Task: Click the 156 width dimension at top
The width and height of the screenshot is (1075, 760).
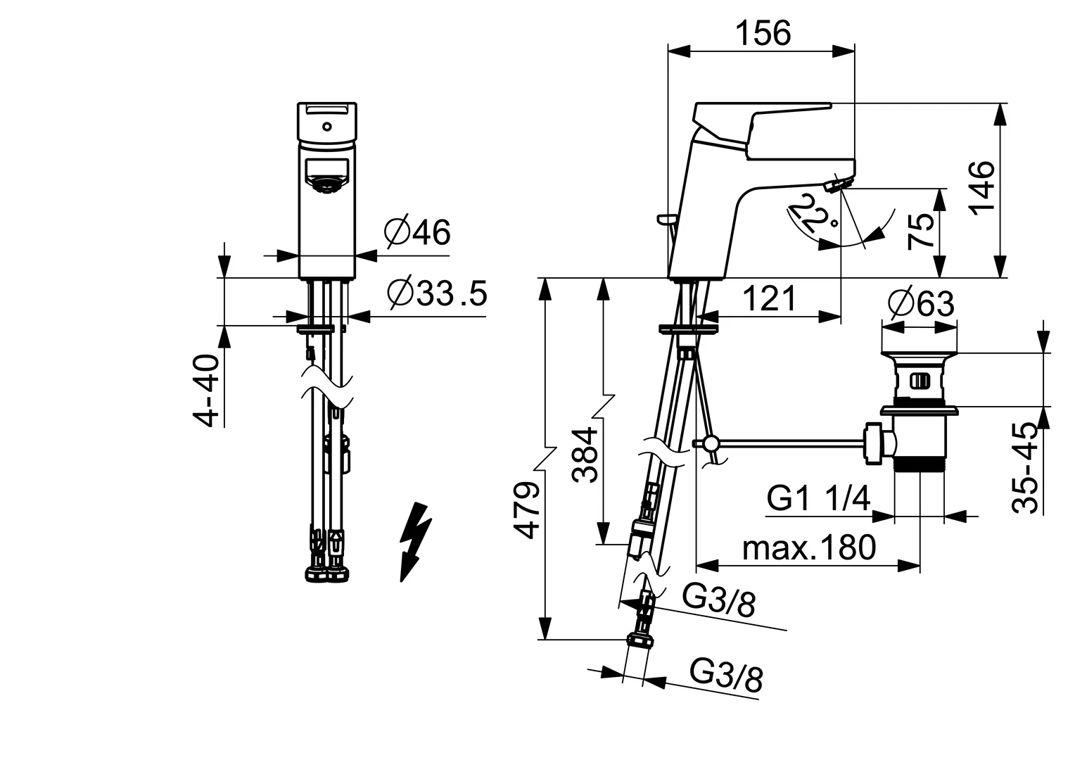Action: pos(763,33)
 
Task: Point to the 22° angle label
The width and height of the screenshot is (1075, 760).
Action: pos(809,215)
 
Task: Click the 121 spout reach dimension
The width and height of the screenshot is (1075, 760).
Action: pos(770,299)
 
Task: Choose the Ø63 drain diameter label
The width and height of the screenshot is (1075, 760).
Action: pos(921,304)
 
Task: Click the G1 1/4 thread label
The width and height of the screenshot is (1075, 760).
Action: pos(818,499)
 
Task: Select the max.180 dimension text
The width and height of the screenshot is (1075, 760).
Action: pos(808,547)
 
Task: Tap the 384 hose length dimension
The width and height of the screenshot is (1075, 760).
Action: pos(585,454)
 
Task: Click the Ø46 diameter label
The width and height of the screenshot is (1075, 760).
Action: pos(417,232)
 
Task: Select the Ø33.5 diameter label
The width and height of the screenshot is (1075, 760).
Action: pos(437,294)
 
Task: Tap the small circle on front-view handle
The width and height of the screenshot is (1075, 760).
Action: pos(326,127)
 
